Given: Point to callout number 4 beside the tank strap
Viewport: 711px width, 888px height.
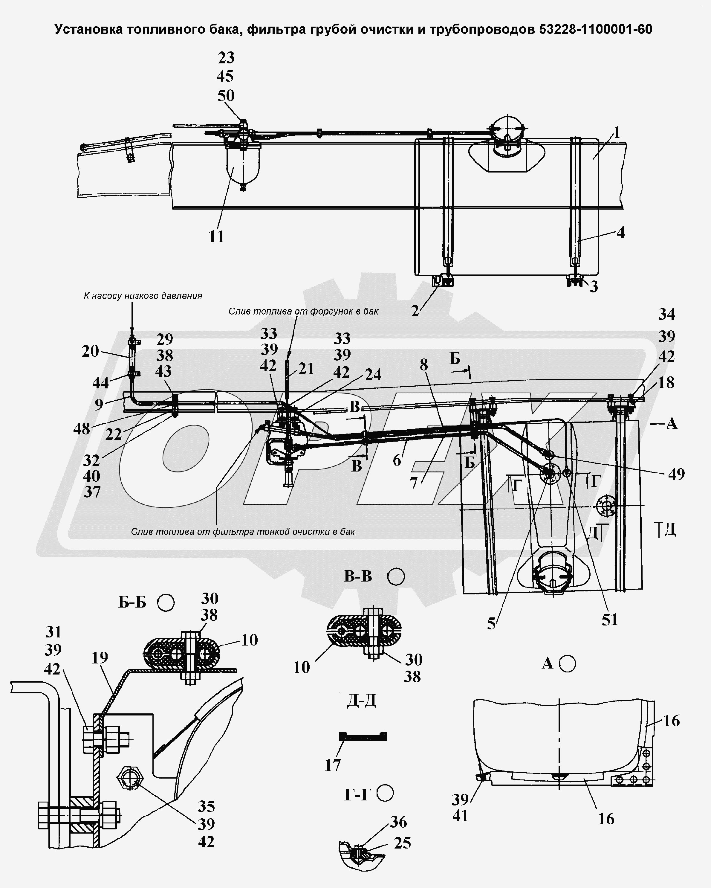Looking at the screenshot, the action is (620, 233).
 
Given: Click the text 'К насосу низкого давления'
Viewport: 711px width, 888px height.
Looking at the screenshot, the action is (143, 296).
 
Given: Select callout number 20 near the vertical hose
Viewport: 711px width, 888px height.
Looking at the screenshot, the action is (91, 351).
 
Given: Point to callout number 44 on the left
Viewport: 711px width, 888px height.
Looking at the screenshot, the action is (100, 383).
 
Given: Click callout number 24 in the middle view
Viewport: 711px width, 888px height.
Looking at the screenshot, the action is (373, 374).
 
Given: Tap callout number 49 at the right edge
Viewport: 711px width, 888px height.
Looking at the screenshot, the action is (676, 474).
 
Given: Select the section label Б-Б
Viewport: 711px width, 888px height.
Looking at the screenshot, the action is (132, 603).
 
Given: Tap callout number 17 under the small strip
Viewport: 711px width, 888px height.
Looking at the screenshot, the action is (333, 765).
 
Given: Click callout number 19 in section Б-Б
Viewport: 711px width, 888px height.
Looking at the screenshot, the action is (100, 657).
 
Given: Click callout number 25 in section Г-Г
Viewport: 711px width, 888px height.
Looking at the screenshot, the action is (402, 843).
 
